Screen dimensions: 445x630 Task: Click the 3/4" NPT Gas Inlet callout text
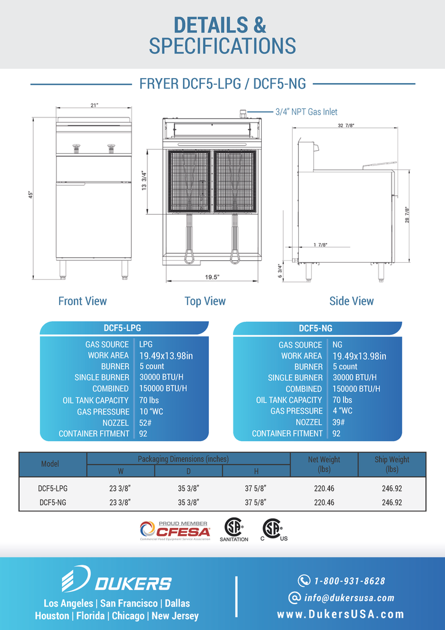point(306,112)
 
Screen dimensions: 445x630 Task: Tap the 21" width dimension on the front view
point(94,105)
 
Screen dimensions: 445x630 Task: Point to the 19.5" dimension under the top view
point(212,277)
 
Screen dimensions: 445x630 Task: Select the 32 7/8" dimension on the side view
point(345,126)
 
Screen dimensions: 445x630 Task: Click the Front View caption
point(82,301)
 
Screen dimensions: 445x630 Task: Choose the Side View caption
point(352,301)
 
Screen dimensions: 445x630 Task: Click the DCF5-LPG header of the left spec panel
point(122,328)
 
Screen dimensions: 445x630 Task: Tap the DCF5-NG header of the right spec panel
point(315,329)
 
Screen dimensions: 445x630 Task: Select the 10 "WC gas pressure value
point(151,412)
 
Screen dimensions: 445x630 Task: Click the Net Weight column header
point(324,464)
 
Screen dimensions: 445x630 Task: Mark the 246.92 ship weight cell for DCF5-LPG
point(392,488)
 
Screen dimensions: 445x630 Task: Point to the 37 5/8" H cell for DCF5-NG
point(256,502)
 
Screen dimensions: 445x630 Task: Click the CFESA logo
point(175,531)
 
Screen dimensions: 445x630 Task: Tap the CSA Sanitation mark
point(234,530)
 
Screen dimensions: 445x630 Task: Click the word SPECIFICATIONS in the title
point(222,46)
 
